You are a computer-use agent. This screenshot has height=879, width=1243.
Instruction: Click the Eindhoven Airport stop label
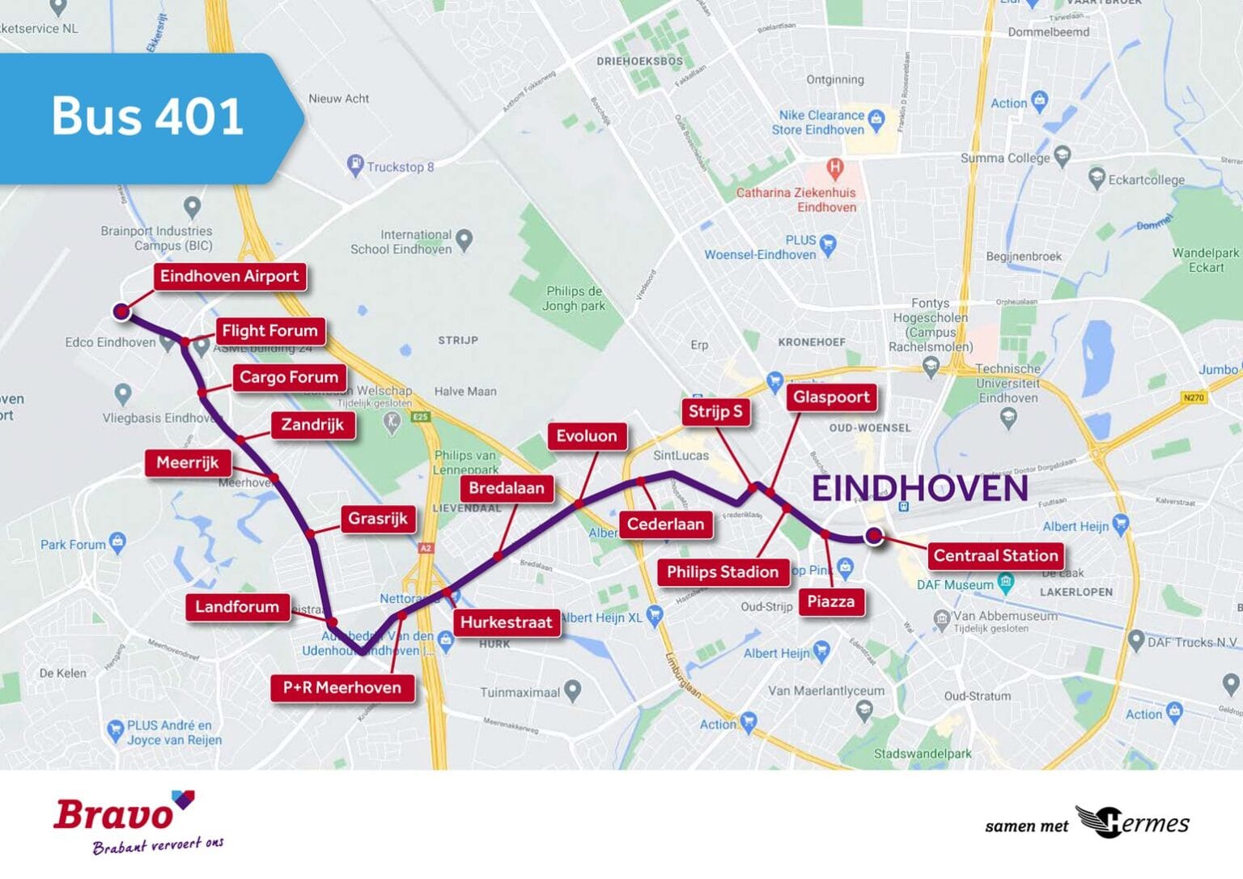[229, 276]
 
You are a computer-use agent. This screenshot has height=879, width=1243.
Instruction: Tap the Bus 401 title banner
[147, 117]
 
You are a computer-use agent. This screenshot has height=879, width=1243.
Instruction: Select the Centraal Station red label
[995, 556]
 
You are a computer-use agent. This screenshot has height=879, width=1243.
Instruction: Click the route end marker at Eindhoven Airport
[121, 311]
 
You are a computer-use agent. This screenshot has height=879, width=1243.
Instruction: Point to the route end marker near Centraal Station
[873, 535]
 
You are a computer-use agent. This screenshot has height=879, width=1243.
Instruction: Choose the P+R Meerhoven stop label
[342, 688]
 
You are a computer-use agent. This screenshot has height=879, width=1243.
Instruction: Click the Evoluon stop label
[586, 436]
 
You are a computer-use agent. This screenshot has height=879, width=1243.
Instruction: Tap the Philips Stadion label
[722, 572]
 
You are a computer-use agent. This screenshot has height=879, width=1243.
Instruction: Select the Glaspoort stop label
[831, 397]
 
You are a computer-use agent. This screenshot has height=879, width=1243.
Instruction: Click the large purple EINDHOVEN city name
[919, 489]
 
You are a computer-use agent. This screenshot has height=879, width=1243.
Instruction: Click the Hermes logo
[1133, 822]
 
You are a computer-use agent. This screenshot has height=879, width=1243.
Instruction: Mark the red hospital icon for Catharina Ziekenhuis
[835, 168]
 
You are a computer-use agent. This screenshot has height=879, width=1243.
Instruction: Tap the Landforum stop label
[236, 607]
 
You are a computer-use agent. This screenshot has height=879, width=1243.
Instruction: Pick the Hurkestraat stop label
[506, 622]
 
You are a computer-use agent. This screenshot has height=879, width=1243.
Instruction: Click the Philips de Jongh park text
[574, 299]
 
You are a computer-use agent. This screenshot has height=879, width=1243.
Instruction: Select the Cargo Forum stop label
[288, 377]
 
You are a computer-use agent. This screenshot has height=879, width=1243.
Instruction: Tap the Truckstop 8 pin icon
[355, 164]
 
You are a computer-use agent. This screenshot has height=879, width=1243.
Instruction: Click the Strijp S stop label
[715, 412]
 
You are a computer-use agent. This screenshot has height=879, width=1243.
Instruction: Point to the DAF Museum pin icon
[1005, 582]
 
